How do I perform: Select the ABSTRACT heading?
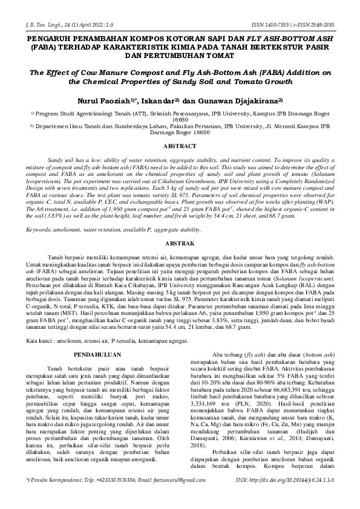[180, 146]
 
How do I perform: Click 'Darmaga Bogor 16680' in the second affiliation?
[180, 131]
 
